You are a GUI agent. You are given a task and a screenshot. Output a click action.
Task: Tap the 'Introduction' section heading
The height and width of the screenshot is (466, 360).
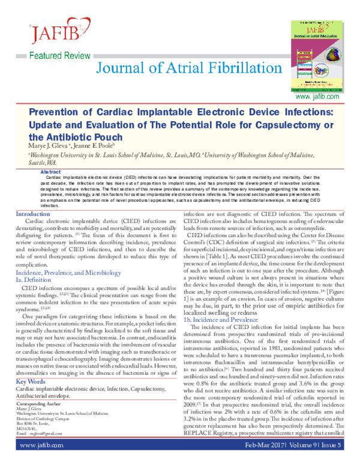point(33,214)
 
